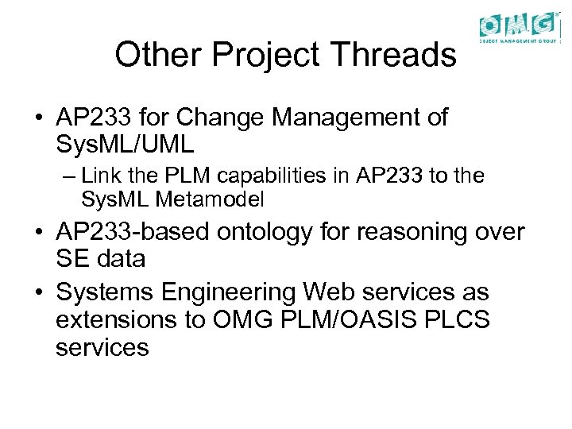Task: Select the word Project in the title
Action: coord(268,56)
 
